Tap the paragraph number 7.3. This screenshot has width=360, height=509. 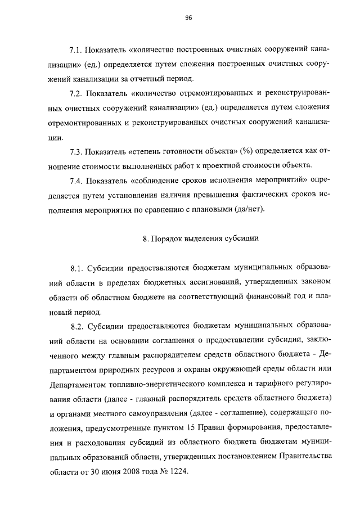76,151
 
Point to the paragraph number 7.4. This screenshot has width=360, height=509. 76,181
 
